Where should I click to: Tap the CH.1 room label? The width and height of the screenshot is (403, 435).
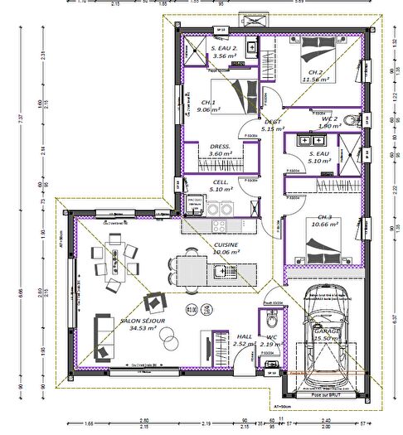(208, 103)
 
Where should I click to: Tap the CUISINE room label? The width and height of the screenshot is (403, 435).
(226, 244)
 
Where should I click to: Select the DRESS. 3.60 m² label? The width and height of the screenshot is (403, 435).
(220, 150)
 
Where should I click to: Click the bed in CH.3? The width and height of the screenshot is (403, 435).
(318, 244)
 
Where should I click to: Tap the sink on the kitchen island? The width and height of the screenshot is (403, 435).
(220, 270)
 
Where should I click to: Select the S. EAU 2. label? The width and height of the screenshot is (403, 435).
(225, 48)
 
